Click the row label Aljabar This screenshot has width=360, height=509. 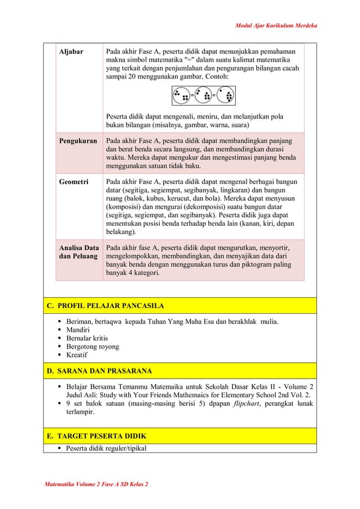(72, 51)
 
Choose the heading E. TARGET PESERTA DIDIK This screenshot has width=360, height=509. (96, 436)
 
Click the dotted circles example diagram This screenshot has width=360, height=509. (204, 96)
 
